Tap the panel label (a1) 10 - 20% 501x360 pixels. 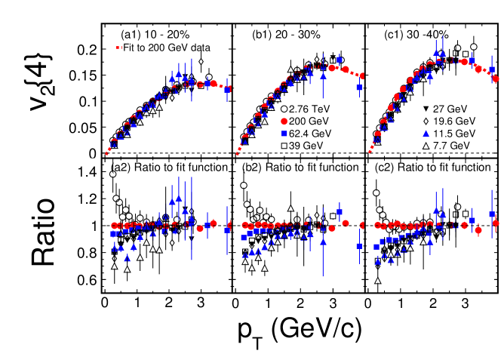[x=158, y=35]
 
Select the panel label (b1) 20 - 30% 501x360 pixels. [x=287, y=35]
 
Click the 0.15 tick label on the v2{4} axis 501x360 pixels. [x=82, y=75]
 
